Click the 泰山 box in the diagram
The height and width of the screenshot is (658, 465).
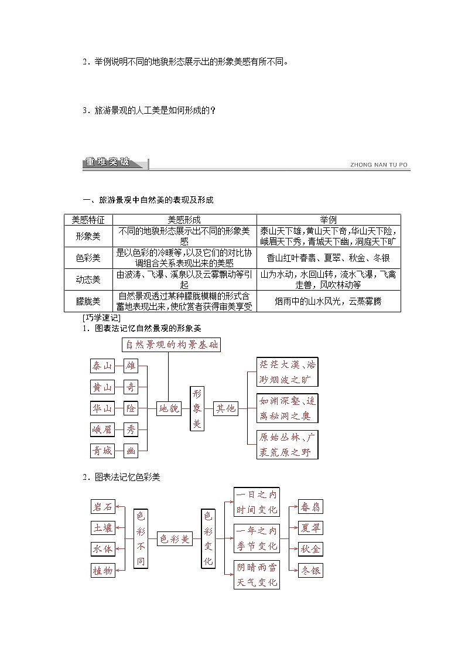pyautogui.click(x=102, y=366)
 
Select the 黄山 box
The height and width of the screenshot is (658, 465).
pyautogui.click(x=102, y=387)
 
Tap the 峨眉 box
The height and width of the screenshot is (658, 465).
pyautogui.click(x=102, y=429)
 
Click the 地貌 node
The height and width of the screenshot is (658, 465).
pyautogui.click(x=169, y=409)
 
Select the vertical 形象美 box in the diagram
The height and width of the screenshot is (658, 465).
pyautogui.click(x=197, y=408)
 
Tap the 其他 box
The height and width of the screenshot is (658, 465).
pyautogui.click(x=225, y=408)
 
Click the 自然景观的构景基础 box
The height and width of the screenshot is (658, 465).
pyautogui.click(x=171, y=345)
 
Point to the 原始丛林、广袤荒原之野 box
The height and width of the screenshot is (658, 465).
pyautogui.click(x=287, y=445)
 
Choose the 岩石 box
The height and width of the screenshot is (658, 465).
pyautogui.click(x=102, y=507)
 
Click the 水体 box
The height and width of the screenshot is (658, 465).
pyautogui.click(x=102, y=549)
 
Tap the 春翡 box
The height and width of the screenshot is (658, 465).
pyautogui.click(x=310, y=507)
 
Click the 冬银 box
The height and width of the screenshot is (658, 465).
pyautogui.click(x=310, y=570)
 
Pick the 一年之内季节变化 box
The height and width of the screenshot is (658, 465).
pyautogui.click(x=257, y=538)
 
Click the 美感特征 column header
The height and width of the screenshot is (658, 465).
pyautogui.click(x=88, y=220)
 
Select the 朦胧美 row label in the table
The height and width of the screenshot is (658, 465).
pyautogui.click(x=88, y=301)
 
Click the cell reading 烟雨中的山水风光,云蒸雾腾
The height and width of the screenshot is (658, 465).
pyautogui.click(x=328, y=301)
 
